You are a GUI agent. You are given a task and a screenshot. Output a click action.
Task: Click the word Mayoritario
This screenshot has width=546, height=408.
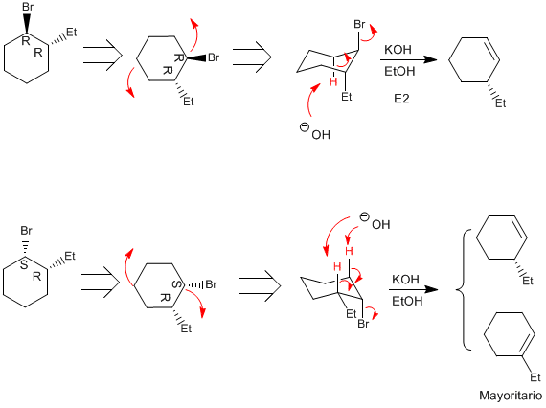511,396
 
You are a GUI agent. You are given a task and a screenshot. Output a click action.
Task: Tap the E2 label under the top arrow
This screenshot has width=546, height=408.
401,99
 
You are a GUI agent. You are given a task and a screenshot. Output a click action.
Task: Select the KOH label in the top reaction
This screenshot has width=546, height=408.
398,50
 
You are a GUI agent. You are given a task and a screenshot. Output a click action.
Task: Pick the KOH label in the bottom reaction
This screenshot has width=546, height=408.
406,280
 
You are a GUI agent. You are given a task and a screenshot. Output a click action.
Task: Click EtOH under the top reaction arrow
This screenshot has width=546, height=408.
399,72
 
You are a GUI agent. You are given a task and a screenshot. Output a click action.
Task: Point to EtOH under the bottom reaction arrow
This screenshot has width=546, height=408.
407,301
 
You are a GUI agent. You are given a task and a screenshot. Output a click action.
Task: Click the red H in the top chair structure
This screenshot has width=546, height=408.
333,82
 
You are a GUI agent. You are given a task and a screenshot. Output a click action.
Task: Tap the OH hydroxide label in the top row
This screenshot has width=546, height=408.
321,134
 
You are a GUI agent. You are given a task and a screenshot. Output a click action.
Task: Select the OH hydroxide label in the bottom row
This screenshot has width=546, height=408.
381,224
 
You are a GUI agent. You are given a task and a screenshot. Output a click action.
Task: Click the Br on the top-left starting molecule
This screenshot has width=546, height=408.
28,7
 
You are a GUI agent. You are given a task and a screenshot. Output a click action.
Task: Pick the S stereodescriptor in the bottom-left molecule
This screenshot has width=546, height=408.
24,265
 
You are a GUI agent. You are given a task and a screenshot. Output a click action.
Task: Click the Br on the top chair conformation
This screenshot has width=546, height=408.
359,24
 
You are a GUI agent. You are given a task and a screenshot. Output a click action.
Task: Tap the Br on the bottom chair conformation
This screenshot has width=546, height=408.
363,324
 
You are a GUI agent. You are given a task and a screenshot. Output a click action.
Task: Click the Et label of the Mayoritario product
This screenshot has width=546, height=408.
535,377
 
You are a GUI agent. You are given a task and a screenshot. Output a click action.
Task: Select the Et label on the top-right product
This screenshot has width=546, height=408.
500,103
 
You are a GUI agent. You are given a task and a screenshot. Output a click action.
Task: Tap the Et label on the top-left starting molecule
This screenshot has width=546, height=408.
72,33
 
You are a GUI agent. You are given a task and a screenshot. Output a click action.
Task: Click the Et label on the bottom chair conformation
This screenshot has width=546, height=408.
352,314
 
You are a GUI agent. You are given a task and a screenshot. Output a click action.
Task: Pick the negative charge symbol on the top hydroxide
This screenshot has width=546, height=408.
304,127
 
